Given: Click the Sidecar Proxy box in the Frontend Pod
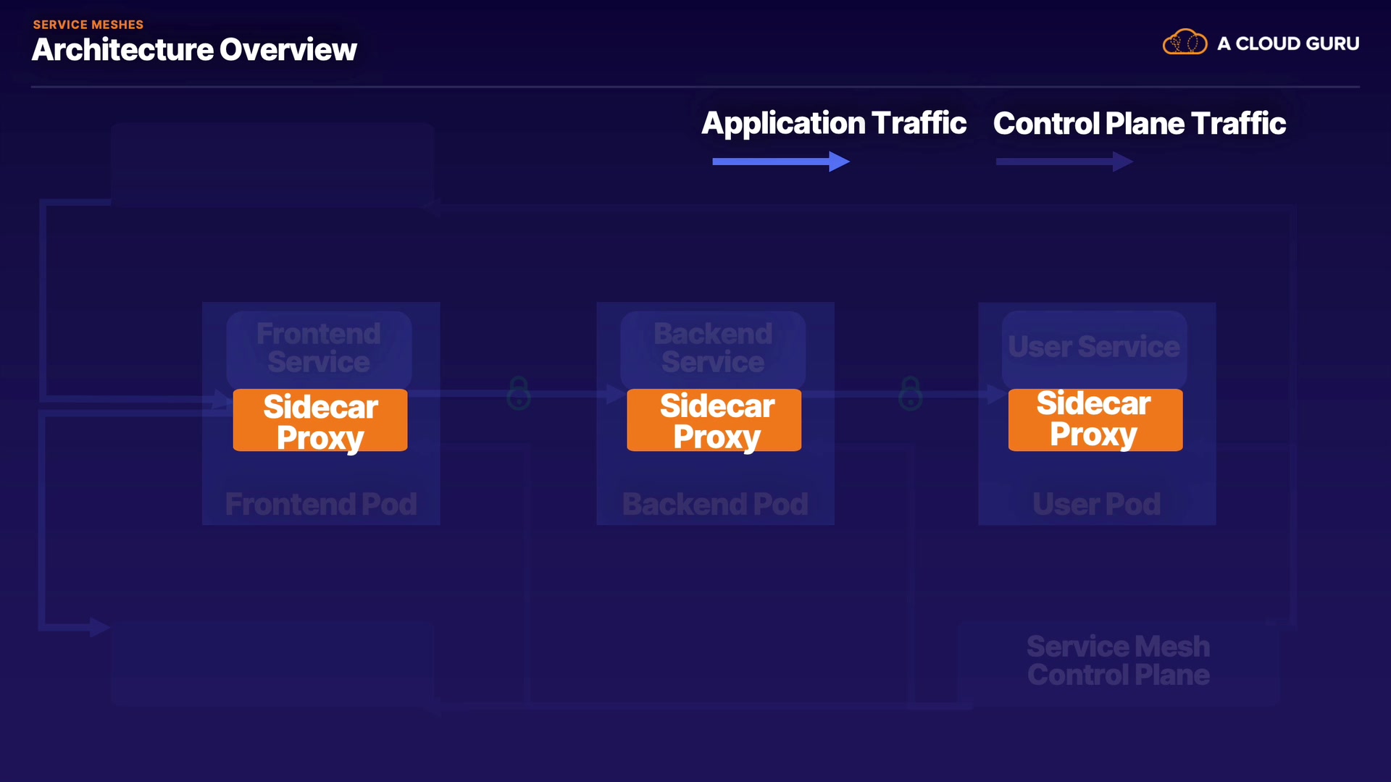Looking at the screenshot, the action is [320, 420].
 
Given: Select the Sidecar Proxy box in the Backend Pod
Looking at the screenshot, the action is [714, 420].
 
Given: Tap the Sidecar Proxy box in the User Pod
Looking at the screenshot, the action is [1095, 420].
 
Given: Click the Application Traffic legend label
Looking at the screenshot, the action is [834, 124].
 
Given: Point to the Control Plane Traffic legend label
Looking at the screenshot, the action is [1140, 124].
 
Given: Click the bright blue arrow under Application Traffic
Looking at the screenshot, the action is [781, 161].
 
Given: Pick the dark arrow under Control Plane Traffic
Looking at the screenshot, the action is [1064, 161].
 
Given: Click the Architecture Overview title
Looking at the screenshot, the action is [194, 50].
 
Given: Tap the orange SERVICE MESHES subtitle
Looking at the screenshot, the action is [88, 25].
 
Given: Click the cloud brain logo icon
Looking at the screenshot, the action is [1185, 43].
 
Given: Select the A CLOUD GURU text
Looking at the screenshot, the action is [1288, 43].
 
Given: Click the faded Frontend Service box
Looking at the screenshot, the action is [319, 349].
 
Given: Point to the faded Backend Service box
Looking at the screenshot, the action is [713, 349].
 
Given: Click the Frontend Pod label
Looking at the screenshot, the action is [321, 504].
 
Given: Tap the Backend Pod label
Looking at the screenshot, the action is [715, 504].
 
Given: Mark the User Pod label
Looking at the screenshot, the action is [1097, 504].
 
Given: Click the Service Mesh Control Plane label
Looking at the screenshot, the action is [1119, 660].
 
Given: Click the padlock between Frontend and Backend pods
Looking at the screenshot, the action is [519, 393].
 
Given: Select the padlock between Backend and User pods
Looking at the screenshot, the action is [911, 393].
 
